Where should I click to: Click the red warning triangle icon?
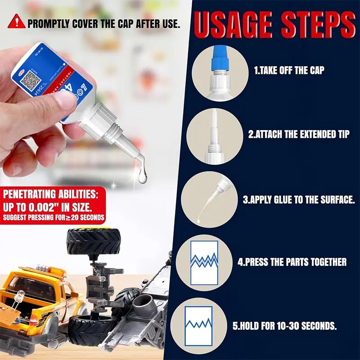coord(17,21)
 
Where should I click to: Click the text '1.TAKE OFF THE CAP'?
coord(289,71)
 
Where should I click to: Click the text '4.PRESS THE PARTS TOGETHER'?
coord(292,262)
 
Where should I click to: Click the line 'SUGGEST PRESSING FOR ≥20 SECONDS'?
coord(54,218)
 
